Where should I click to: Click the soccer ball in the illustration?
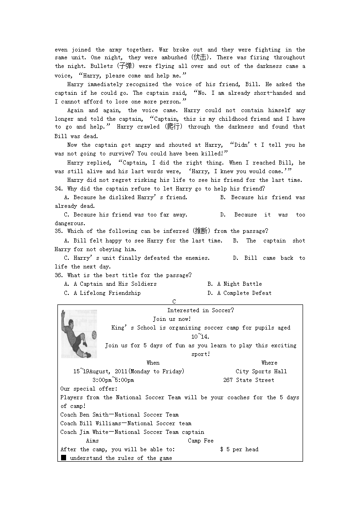[x=94, y=335]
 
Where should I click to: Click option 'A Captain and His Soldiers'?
[x=110, y=284]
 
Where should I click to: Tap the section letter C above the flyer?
[x=174, y=302]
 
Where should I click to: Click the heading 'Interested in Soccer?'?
[x=201, y=310]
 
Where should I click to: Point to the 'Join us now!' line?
[x=172, y=319]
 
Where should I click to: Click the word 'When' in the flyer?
[x=153, y=363]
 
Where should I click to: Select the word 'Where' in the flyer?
[x=269, y=363]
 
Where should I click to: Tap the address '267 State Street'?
[x=249, y=380]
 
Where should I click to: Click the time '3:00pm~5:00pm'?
[x=113, y=380]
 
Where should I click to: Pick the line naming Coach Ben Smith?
[x=119, y=415]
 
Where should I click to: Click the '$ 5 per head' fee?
[x=239, y=449]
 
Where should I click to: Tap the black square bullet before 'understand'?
[x=63, y=458]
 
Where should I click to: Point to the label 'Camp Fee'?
[x=201, y=441]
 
